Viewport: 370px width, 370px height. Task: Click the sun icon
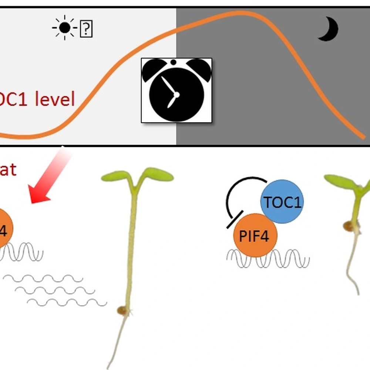64,28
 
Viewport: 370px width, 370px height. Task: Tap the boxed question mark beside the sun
86,29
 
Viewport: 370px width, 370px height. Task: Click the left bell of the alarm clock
154,69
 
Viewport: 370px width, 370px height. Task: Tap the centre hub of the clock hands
176,95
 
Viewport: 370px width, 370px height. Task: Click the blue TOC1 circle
282,202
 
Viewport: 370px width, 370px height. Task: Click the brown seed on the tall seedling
122,310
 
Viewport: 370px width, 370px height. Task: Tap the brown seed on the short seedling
348,226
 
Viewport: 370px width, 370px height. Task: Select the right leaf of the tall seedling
158,175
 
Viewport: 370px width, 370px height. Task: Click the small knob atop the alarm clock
173,61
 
